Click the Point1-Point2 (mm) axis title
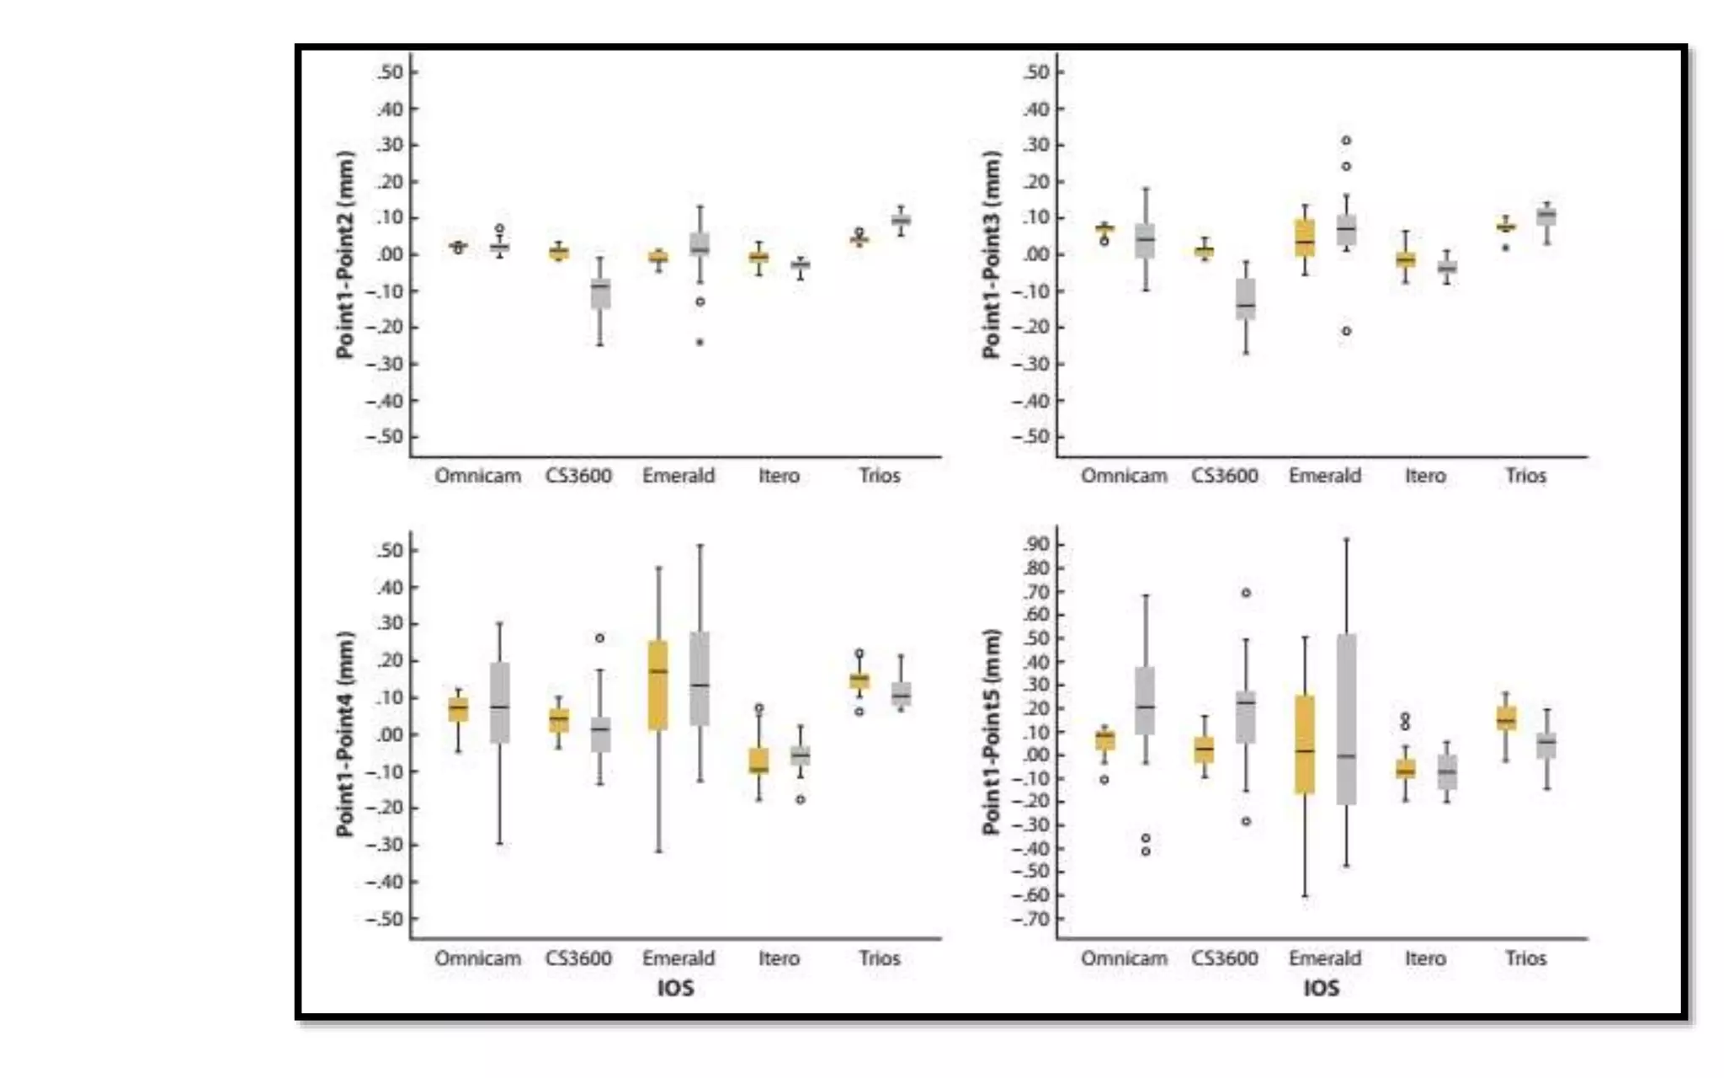click(x=345, y=254)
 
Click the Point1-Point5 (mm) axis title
click(x=992, y=733)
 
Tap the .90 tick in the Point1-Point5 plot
click(x=1037, y=544)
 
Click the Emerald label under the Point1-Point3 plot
click(x=1324, y=476)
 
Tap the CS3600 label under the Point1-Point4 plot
click(x=578, y=958)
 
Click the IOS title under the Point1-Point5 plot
click(x=1321, y=988)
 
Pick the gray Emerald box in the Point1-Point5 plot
click(x=1346, y=720)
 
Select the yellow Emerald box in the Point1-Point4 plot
click(x=658, y=685)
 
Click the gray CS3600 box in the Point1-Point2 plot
click(x=600, y=293)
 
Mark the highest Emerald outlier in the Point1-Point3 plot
click(x=1346, y=141)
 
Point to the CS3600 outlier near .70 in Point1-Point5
click(x=1246, y=593)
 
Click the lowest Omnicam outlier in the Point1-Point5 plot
click(x=1146, y=851)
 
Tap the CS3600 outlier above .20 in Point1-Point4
click(x=599, y=638)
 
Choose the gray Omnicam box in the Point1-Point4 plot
click(x=500, y=703)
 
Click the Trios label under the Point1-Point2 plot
click(x=879, y=476)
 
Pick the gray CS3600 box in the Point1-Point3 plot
click(x=1246, y=299)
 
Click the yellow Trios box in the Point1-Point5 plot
click(x=1506, y=718)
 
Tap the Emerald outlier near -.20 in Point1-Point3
click(x=1346, y=331)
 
